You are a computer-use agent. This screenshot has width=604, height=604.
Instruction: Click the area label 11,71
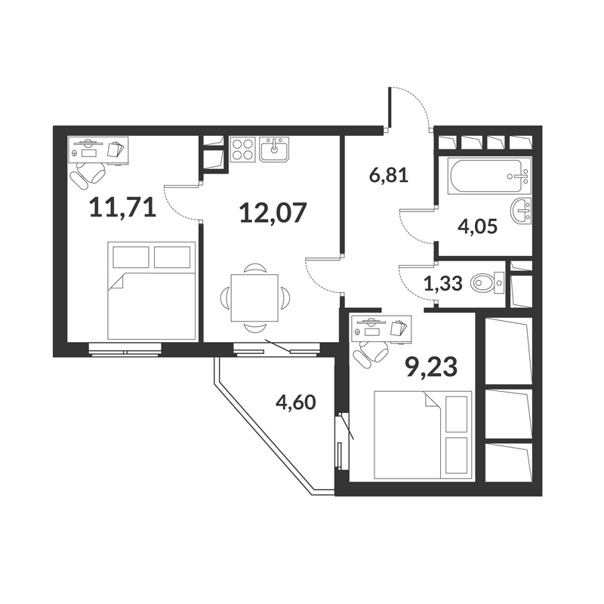tap(123, 208)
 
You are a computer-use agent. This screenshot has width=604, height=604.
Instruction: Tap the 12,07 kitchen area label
tap(273, 213)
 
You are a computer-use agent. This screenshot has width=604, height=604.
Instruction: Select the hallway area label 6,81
tap(388, 176)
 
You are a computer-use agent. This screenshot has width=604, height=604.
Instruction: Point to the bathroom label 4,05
tap(478, 226)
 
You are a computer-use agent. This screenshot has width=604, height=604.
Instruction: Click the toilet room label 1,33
tap(443, 284)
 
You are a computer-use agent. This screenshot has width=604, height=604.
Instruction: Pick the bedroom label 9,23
tap(430, 367)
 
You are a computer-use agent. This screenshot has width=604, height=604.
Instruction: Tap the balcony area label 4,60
tap(296, 402)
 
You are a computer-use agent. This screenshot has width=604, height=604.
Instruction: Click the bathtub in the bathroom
tap(489, 176)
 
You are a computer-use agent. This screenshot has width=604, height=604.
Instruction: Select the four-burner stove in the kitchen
tap(242, 149)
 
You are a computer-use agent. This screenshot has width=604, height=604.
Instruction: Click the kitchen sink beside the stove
tap(274, 149)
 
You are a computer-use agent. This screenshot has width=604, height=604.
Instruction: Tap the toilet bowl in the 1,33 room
tap(487, 283)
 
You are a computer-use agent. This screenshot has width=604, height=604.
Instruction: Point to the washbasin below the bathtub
tap(521, 211)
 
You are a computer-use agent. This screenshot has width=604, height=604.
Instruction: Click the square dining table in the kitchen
tap(254, 297)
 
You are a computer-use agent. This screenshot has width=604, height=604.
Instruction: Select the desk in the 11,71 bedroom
tap(98, 150)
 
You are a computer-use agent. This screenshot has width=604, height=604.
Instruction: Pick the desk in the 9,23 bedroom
tap(381, 329)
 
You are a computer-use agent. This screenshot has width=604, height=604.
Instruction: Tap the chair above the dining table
tap(254, 269)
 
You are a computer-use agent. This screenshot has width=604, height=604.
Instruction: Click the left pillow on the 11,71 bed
tap(131, 257)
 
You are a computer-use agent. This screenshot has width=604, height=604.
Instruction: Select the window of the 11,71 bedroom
tap(125, 350)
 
